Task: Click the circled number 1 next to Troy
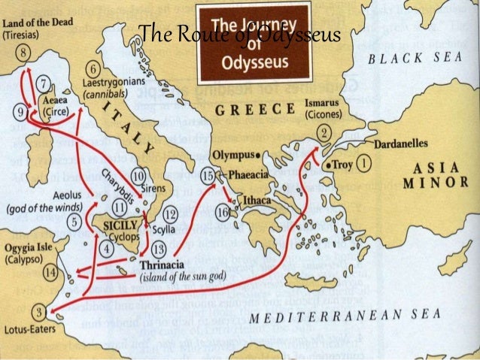363,162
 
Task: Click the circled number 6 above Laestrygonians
93,70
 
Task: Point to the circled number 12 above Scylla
170,214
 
